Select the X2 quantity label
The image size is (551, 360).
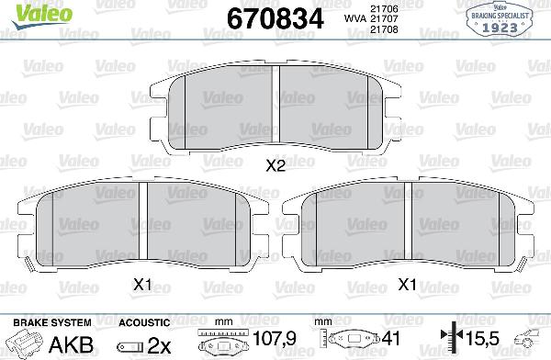pos(275,166)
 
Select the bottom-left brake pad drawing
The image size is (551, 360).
pos(143,224)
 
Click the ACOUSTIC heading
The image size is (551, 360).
pos(143,323)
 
